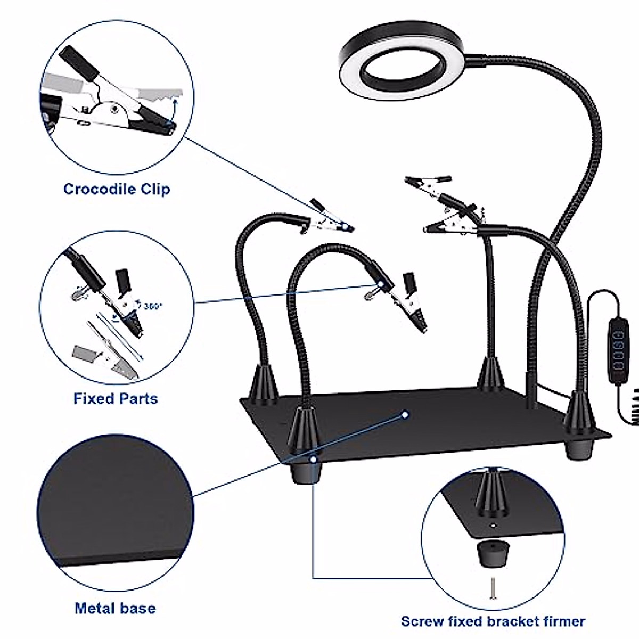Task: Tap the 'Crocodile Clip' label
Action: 117,189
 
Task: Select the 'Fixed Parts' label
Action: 116,398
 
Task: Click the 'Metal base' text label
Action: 115,608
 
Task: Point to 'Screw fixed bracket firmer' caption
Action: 493,621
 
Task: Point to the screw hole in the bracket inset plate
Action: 493,526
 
